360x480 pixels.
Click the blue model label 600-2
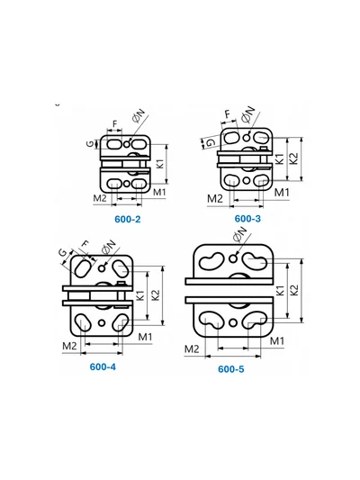tap(128, 219)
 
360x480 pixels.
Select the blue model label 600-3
tap(247, 219)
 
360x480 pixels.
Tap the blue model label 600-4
tap(103, 367)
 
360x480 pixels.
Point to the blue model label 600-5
tap(231, 369)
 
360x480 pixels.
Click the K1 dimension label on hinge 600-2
tap(160, 164)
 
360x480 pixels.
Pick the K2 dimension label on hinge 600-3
tap(293, 158)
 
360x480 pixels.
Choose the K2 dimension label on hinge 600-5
tap(294, 290)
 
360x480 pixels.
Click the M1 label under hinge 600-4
tap(145, 337)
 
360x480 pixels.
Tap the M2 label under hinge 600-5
tap(192, 349)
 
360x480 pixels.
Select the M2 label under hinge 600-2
tap(100, 198)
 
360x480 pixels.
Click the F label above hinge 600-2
tap(115, 124)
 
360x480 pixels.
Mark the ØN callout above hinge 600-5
tap(239, 233)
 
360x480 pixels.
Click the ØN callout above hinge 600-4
tap(109, 247)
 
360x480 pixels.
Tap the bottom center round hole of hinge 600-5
tap(233, 322)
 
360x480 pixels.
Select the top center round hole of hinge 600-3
tap(247, 138)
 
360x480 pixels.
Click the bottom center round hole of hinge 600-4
tap(102, 322)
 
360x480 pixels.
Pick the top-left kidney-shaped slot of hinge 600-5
tap(212, 260)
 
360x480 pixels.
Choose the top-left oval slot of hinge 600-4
tap(83, 267)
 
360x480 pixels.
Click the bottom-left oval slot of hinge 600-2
tap(114, 184)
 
